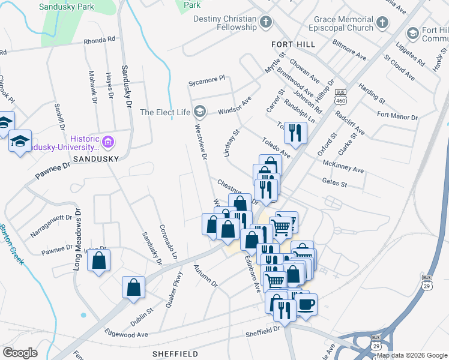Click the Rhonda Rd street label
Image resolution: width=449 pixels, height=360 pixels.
[100, 40]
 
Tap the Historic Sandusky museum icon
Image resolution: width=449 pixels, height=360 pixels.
[109, 143]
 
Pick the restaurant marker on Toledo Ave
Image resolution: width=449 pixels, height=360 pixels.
[295, 133]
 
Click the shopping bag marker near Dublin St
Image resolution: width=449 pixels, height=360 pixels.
[134, 287]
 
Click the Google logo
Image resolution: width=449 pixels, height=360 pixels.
[20, 353]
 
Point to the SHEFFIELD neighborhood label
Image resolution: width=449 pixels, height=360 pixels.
[175, 354]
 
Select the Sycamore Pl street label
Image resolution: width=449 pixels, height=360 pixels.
[206, 79]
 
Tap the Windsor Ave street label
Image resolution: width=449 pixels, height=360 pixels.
[234, 106]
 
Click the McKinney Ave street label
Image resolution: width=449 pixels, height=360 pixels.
[343, 166]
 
